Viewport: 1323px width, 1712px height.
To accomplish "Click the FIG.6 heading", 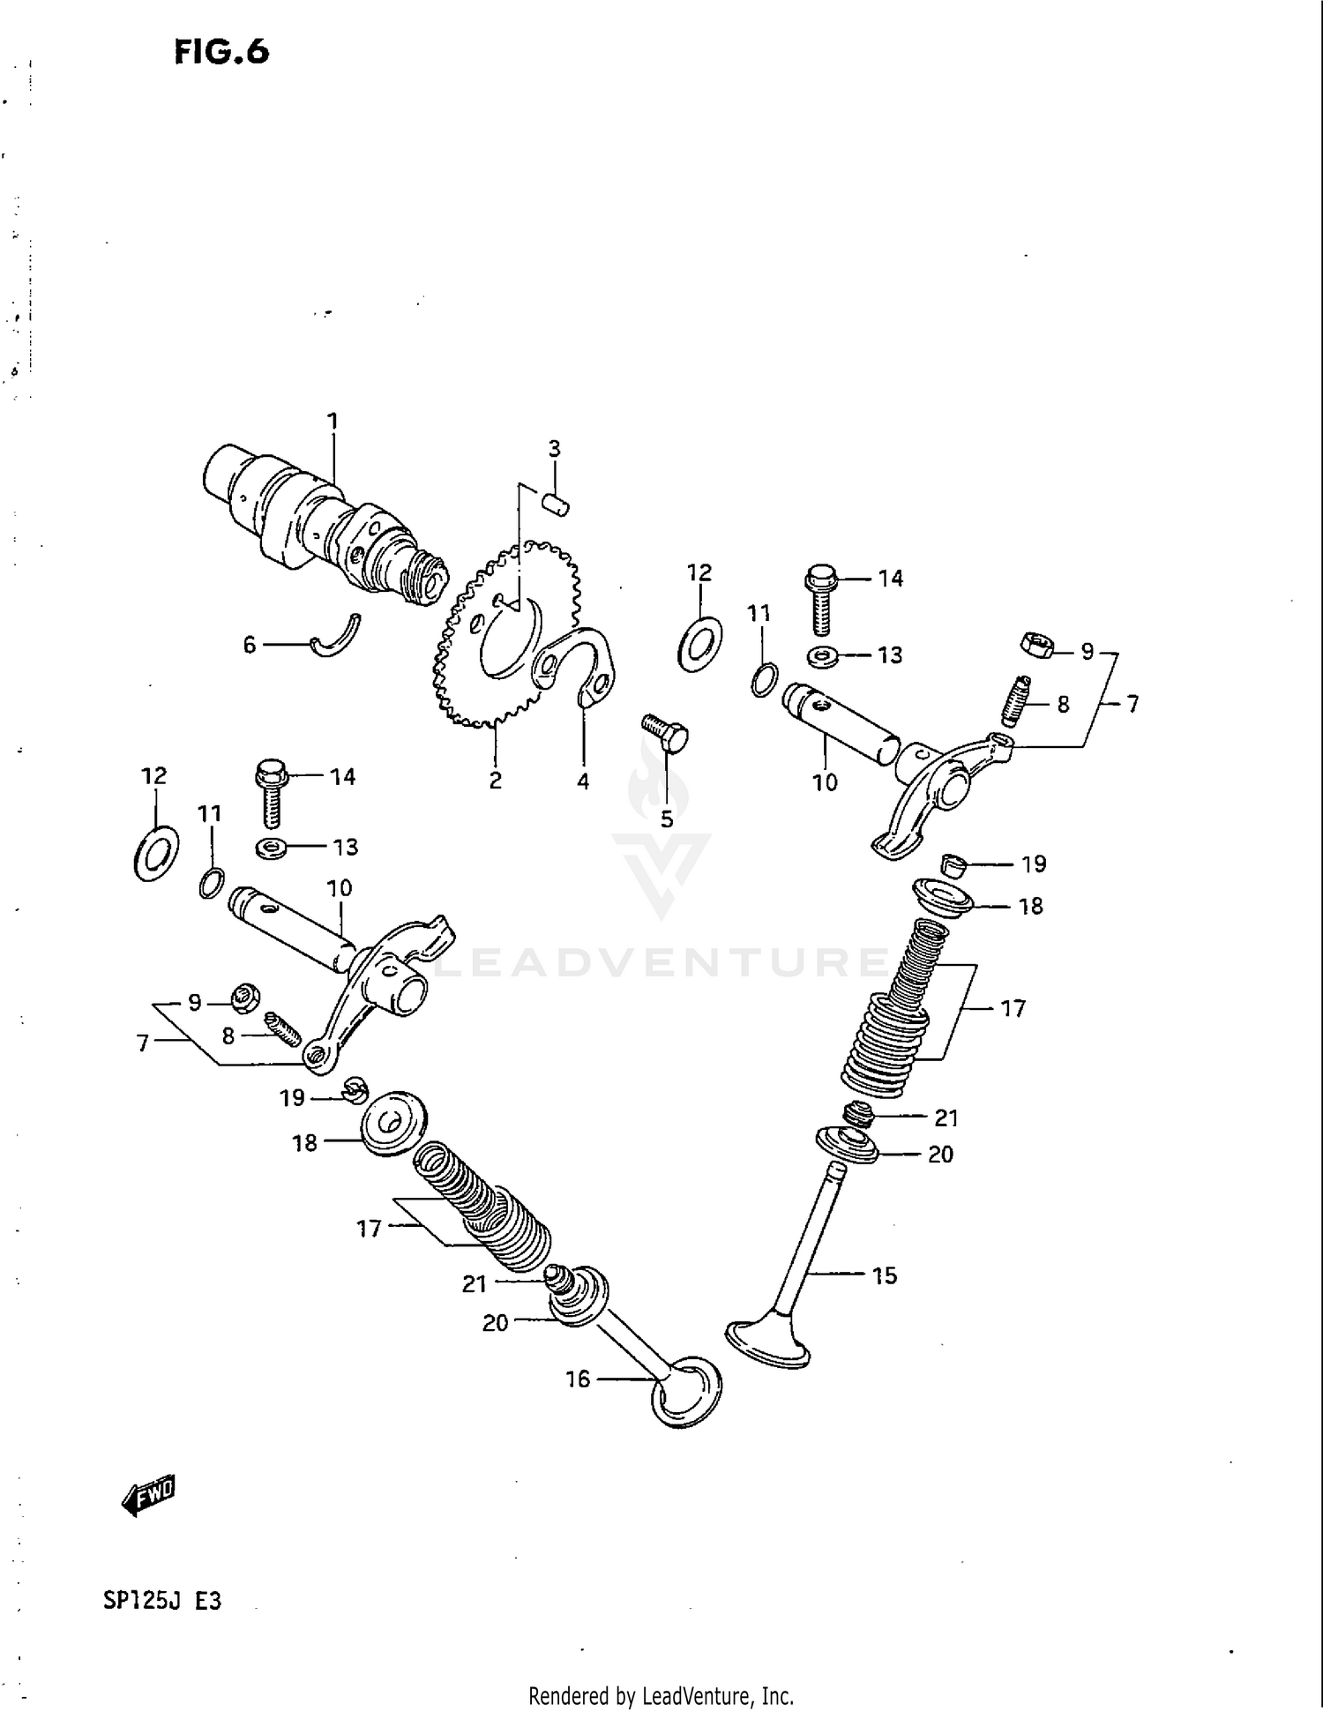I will pos(221,52).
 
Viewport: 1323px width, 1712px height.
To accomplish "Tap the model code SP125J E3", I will pos(162,1600).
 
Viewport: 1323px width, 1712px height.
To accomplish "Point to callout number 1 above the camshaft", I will pos(333,422).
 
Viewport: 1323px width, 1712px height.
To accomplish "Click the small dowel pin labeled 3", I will pos(556,505).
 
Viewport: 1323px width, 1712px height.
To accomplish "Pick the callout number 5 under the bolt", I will pos(667,819).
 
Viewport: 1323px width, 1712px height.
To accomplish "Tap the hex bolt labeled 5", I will pos(666,733).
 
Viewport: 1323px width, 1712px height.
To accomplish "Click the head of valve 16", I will pos(686,1393).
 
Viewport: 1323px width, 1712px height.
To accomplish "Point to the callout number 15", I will pos(884,1275).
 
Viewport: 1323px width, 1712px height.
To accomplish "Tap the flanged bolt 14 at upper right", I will pos(819,600).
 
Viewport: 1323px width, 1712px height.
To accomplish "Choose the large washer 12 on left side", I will pos(156,853).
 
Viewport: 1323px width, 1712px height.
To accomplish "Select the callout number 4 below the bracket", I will pos(583,781).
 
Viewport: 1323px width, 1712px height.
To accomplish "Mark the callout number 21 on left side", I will pos(475,1283).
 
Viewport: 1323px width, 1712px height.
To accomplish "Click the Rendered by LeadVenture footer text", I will pos(661,1695).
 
